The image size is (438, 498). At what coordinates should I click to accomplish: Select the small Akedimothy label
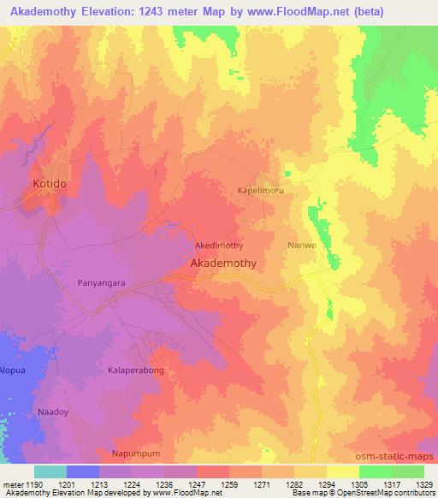click(220, 245)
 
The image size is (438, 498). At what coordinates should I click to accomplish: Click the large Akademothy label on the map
click(222, 264)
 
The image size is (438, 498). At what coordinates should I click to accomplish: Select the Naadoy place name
click(52, 412)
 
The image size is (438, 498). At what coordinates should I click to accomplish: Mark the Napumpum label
click(136, 453)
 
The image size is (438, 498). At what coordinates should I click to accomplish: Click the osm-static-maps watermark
click(395, 456)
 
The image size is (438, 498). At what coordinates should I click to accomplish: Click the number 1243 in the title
click(163, 12)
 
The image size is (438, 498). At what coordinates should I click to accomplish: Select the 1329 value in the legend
click(423, 484)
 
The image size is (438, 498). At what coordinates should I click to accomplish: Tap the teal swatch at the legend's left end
click(50, 471)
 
